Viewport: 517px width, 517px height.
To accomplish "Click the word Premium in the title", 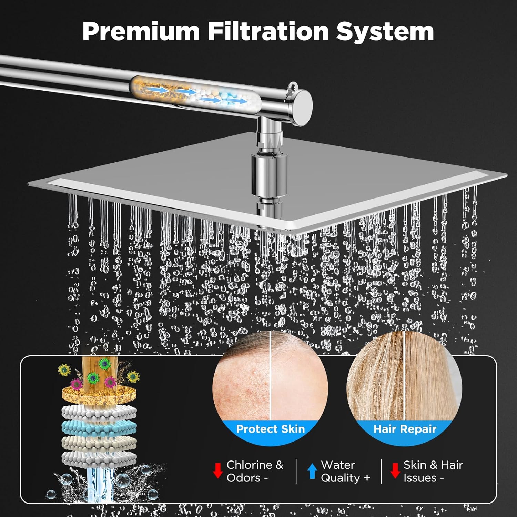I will coord(141,31).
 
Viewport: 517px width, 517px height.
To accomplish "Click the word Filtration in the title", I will coord(268,31).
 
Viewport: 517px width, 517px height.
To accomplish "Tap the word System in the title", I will coord(385,31).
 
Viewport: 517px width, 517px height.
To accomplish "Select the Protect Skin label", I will coord(271,429).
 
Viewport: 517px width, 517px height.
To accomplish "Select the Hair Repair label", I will coord(405,429).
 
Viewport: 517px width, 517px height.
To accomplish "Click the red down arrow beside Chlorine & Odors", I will coord(217,471).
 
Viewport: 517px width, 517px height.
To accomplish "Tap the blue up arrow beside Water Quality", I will coord(312,471).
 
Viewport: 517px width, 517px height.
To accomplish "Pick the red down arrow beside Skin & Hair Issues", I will coord(395,471).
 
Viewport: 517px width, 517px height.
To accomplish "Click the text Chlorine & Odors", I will coord(254,471).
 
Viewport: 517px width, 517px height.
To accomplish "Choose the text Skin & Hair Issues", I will coord(433,471).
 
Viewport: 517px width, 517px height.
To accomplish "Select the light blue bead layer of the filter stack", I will coord(99,428).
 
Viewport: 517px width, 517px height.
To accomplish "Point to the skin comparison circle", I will coord(271,379).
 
